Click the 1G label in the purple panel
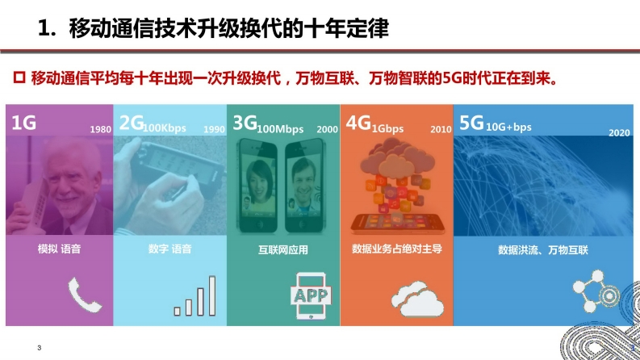click(x=23, y=123)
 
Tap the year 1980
click(x=100, y=129)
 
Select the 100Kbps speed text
click(x=165, y=128)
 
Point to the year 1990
click(x=214, y=129)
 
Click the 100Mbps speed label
click(x=280, y=129)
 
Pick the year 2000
click(x=327, y=129)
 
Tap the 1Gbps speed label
click(x=387, y=129)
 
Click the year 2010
click(x=441, y=129)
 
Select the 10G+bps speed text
click(x=508, y=127)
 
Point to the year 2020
click(x=619, y=132)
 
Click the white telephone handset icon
click(x=85, y=295)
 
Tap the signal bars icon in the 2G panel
click(x=195, y=296)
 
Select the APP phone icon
click(x=311, y=296)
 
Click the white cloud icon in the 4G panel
click(x=417, y=299)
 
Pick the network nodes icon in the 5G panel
click(x=596, y=291)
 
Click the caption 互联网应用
click(x=282, y=249)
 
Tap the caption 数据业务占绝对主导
click(x=397, y=249)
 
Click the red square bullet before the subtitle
click(x=19, y=77)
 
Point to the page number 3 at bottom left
click(x=40, y=348)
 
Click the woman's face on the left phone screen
click(x=259, y=180)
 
